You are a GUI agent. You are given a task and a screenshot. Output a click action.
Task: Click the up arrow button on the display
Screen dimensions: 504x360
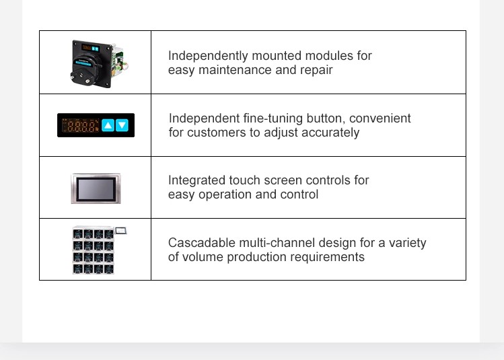(x=108, y=125)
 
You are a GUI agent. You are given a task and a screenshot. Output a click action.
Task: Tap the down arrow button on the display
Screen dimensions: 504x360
(x=122, y=125)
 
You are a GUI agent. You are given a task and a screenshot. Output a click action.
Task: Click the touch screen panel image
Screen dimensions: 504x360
(x=96, y=188)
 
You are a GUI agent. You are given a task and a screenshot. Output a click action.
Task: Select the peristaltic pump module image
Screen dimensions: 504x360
(x=98, y=64)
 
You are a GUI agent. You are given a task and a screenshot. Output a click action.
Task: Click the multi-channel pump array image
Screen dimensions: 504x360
(x=99, y=250)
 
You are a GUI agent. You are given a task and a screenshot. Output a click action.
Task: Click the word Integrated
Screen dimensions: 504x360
(x=196, y=180)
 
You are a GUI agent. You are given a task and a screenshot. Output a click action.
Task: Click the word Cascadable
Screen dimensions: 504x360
(x=202, y=243)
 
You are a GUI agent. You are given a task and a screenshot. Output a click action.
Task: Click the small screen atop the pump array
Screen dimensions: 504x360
(x=121, y=230)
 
